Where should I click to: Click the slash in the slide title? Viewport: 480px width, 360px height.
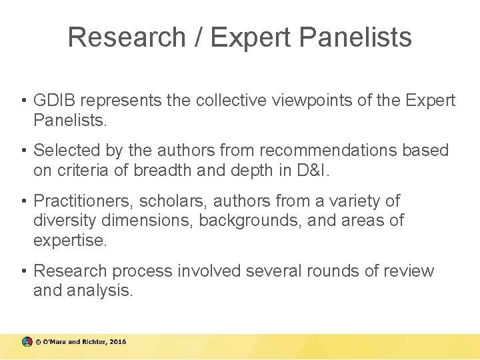(197, 37)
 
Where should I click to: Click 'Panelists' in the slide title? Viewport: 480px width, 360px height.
(355, 37)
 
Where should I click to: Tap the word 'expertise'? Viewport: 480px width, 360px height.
(69, 241)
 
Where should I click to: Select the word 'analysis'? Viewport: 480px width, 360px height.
(103, 291)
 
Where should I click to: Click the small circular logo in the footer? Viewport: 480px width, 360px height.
(26, 341)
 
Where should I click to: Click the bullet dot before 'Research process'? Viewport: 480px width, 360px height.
(23, 271)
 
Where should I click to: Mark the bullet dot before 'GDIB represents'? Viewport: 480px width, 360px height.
(23, 101)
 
